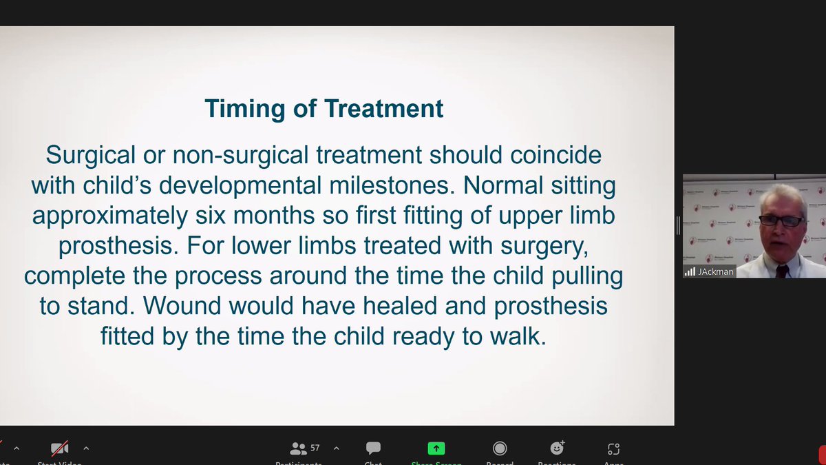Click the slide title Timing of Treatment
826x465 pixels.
324,109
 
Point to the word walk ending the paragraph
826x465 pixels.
520,337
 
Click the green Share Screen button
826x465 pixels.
436,448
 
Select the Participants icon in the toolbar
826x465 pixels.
299,448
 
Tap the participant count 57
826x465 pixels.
315,448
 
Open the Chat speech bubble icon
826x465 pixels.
373,448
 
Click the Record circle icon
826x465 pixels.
500,448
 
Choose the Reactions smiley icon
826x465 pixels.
556,448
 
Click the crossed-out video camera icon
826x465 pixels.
59,448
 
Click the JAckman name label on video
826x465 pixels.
714,272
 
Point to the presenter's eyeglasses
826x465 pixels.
781,221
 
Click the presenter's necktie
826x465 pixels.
782,271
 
